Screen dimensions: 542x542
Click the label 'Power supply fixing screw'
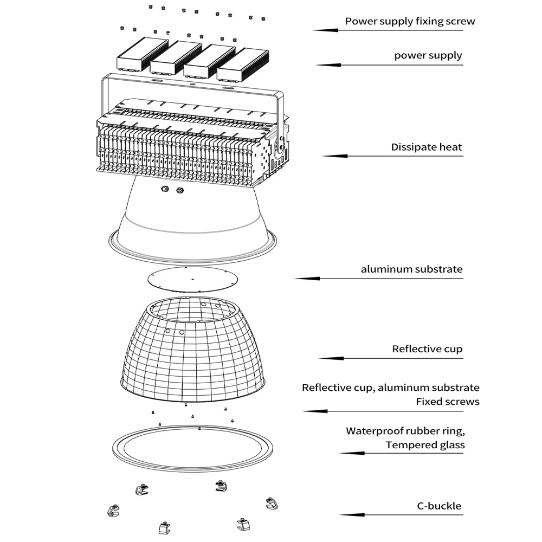coord(410,22)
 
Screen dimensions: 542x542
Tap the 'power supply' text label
coord(428,55)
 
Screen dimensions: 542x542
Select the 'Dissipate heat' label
coord(427,147)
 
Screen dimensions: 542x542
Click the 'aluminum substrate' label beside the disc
coord(412,269)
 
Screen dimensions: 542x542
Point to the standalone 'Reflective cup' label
coord(427,349)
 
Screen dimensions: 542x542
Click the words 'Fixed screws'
coord(448,402)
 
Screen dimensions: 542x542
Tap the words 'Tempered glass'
coord(425,445)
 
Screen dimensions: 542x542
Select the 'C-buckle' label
coord(439,506)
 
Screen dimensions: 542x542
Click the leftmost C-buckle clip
coord(112,510)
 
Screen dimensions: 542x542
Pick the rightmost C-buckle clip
coord(271,503)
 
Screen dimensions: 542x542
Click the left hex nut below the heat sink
coord(164,189)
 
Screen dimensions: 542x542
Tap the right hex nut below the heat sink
coord(180,190)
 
